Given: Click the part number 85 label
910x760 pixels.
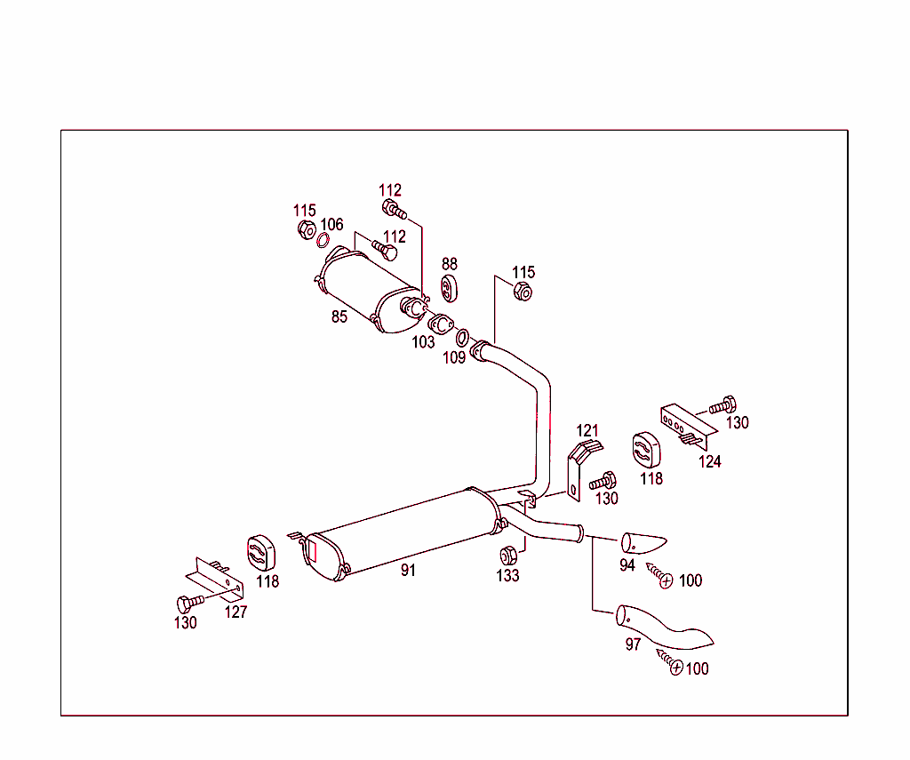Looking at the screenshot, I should (339, 316).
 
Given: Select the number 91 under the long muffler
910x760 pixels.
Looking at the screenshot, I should (408, 571).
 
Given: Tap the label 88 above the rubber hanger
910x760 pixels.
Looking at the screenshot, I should (450, 264).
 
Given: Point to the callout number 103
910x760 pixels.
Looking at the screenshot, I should (423, 342).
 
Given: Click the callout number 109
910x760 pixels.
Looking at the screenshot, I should (453, 357).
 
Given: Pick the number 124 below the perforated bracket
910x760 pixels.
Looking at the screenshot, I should (709, 461).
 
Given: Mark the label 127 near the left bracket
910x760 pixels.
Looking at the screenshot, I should (235, 612).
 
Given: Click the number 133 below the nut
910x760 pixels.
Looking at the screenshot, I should (507, 575).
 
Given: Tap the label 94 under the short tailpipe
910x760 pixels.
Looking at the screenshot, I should (627, 564).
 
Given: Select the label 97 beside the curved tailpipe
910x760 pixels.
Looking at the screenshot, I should (633, 644).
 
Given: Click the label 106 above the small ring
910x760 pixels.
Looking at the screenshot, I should (331, 225).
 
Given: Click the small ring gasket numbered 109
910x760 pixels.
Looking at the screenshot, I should (463, 338).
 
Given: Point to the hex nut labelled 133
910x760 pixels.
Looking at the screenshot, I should (508, 556).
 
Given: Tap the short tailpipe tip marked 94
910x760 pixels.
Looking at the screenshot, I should (643, 541).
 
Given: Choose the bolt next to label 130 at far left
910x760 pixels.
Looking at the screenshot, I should (188, 602).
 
